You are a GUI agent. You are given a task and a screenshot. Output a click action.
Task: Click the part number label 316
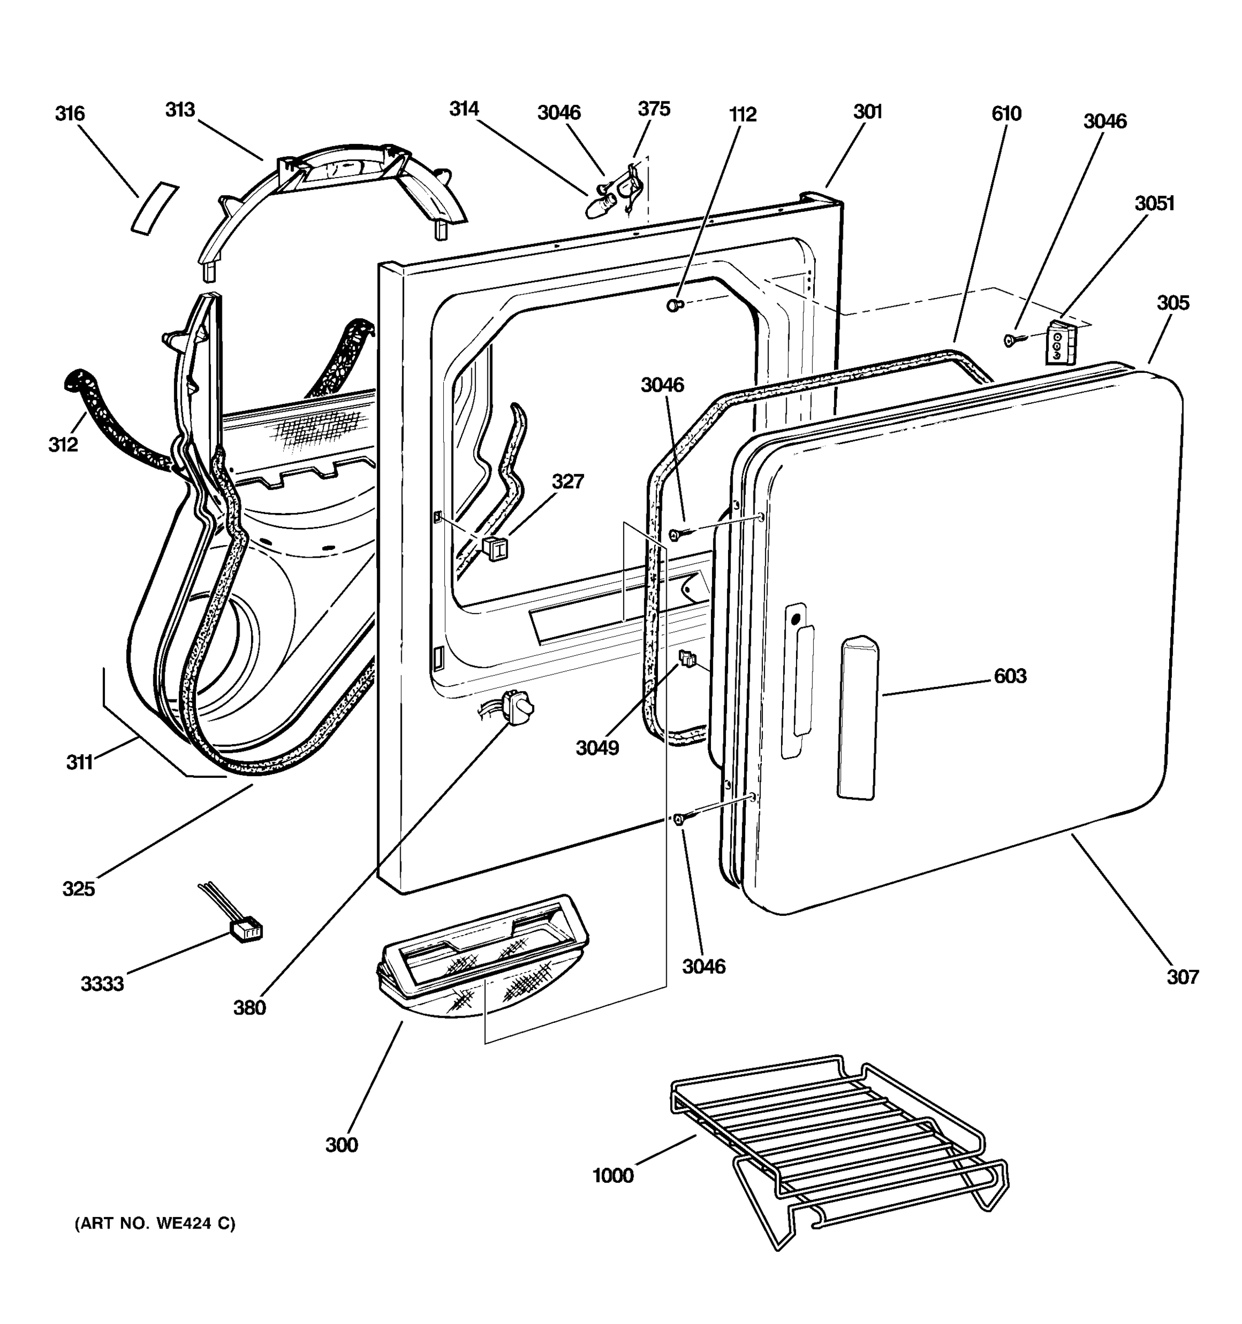tap(70, 114)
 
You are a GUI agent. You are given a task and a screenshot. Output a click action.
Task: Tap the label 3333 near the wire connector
tap(102, 984)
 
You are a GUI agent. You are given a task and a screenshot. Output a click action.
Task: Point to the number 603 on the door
tap(1010, 677)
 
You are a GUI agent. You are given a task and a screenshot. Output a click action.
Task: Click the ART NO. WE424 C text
tap(155, 1224)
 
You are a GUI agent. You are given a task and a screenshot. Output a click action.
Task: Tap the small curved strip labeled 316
tap(155, 208)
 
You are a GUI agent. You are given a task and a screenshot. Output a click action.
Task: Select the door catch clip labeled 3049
tap(687, 659)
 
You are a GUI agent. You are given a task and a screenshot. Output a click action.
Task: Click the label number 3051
tap(1155, 204)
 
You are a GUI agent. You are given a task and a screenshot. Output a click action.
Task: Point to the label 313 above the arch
tap(180, 110)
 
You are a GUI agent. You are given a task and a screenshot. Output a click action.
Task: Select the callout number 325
tap(78, 888)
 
